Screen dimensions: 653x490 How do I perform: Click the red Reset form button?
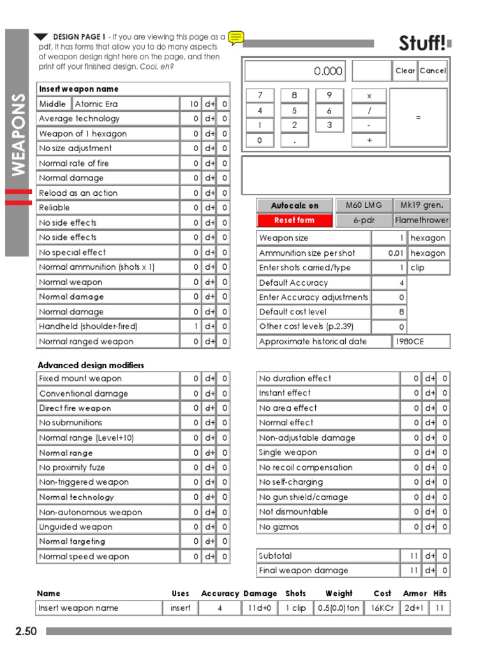(294, 221)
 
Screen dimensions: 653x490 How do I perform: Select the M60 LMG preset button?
(364, 205)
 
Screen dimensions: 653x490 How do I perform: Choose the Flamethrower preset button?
(422, 221)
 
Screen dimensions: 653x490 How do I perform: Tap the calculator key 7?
(260, 96)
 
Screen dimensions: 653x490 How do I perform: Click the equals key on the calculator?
(418, 117)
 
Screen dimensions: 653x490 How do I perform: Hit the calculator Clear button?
(405, 71)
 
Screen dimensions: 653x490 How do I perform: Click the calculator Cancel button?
(433, 71)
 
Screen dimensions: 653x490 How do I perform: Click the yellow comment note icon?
(236, 38)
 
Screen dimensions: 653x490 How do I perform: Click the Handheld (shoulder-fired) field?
(107, 326)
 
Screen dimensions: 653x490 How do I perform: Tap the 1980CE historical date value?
(421, 342)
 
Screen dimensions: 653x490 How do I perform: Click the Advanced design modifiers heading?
(91, 365)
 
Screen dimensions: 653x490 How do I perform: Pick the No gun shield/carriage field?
(328, 497)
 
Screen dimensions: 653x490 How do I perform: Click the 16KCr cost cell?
(382, 608)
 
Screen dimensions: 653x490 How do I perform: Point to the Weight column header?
(339, 594)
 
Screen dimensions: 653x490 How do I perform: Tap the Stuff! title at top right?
(422, 43)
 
